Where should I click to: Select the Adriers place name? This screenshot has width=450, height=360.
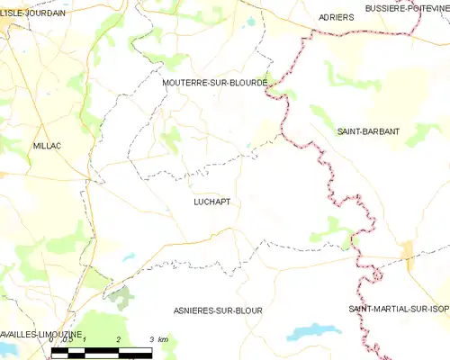click(336, 17)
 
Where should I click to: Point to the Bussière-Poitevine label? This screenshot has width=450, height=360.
click(407, 8)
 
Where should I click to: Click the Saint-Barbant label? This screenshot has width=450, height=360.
click(368, 131)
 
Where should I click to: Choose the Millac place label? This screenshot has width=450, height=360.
click(47, 145)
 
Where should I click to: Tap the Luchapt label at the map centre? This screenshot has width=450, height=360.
click(211, 202)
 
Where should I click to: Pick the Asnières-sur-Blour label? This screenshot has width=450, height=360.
click(218, 310)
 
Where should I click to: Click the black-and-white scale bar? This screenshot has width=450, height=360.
click(102, 349)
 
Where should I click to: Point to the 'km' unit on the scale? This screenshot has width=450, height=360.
click(162, 339)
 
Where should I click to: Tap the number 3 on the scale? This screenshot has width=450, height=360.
click(151, 339)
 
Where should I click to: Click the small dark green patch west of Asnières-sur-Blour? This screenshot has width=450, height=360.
click(120, 293)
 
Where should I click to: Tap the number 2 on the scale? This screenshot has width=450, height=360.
click(118, 339)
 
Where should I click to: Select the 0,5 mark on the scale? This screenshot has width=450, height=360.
click(67, 339)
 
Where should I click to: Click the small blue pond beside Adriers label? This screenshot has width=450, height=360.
click(251, 19)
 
